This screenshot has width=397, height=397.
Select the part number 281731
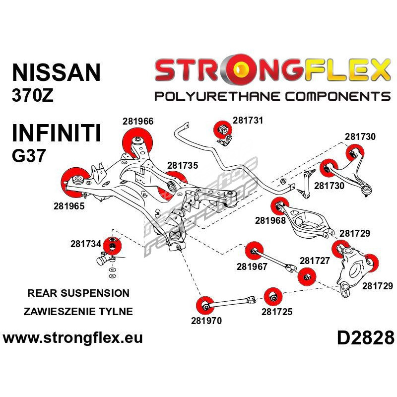pos(248,120)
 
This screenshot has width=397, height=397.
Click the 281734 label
pos(85,244)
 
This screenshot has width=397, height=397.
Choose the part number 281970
pos(206,321)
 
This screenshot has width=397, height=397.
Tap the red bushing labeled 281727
pos(307,276)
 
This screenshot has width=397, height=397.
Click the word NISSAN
pos(56,72)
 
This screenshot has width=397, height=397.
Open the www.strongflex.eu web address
pos(73,338)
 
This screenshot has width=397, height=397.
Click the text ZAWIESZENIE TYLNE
pos(78,312)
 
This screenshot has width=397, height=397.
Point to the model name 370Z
pos(32,95)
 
